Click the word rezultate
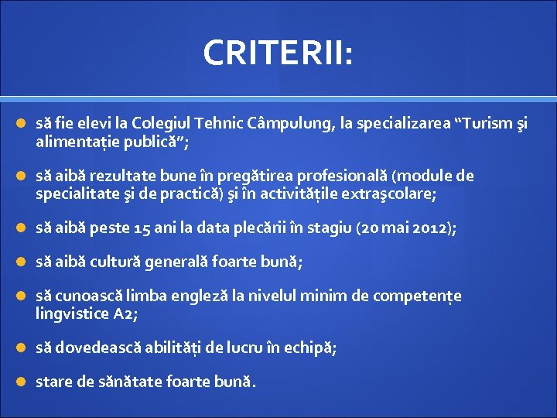coord(120,176)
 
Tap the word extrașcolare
coord(390,194)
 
